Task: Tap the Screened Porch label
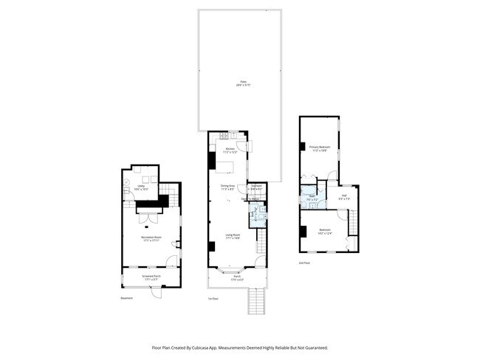(151, 278)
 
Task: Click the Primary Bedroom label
(319, 149)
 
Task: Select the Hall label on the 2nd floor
(343, 198)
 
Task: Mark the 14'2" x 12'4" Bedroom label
(325, 232)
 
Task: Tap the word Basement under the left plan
(127, 299)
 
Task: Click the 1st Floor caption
(213, 299)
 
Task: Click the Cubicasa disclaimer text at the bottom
(240, 347)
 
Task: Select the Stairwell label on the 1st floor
(256, 187)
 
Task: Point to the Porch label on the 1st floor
(236, 278)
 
